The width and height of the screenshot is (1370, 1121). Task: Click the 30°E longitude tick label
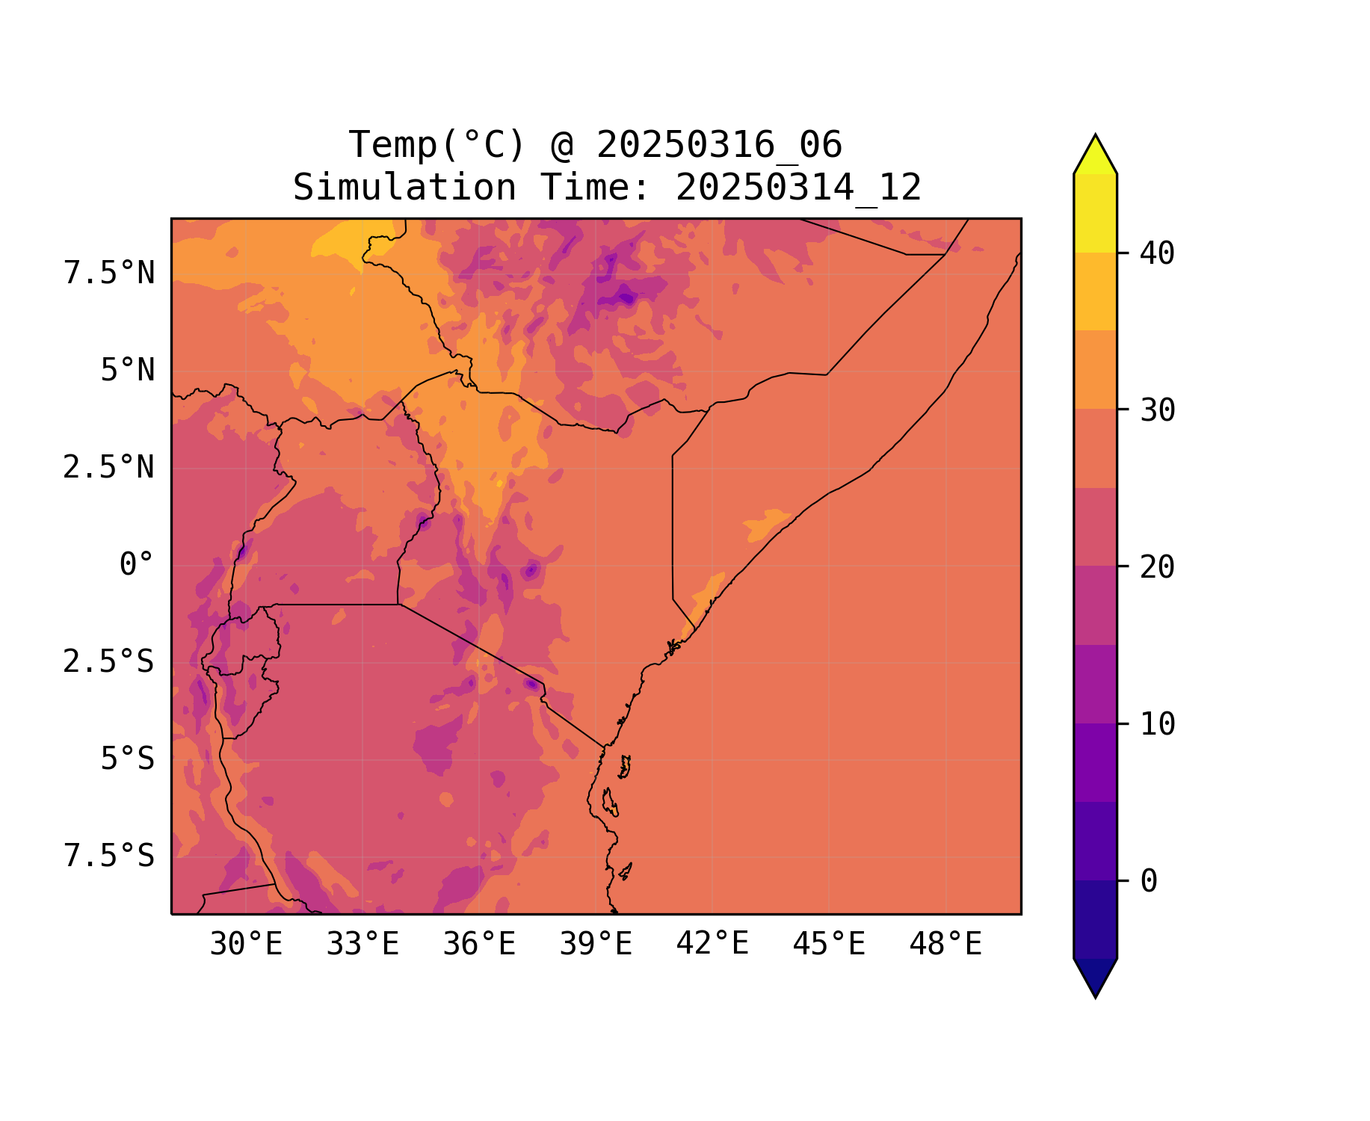[246, 945]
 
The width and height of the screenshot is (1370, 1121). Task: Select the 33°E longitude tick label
[362, 945]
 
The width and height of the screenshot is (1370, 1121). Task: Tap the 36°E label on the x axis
[479, 945]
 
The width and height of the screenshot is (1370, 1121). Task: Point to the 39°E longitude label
[596, 945]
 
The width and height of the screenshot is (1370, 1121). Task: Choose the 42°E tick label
[712, 944]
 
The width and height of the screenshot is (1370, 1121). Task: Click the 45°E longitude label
[829, 945]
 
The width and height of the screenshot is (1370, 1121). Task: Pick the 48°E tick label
[945, 945]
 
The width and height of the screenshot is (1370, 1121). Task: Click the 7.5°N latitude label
[109, 274]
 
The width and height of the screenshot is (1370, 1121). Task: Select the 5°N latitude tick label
[128, 371]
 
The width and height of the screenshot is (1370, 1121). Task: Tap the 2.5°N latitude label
[109, 468]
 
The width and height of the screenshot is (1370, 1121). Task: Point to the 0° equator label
[137, 565]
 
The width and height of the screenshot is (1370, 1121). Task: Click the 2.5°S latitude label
[109, 662]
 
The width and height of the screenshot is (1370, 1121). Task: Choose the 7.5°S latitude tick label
[109, 856]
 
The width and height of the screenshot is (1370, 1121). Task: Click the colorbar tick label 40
[1158, 254]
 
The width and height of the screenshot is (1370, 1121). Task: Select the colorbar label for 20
[1158, 567]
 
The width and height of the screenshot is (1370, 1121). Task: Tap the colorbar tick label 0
[1149, 882]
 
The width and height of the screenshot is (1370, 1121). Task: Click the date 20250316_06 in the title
[719, 145]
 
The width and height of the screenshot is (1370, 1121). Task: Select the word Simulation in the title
[404, 188]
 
